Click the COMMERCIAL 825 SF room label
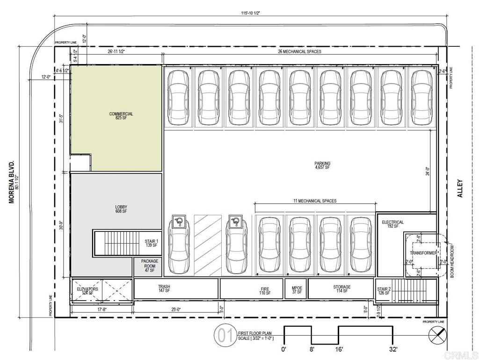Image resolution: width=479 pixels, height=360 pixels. click(121, 115)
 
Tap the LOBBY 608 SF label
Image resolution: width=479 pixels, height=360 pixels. click(121, 209)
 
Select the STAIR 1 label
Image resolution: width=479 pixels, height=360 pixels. click(151, 243)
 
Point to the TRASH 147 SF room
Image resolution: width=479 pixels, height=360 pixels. click(164, 289)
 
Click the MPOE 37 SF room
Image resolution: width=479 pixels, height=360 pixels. click(297, 289)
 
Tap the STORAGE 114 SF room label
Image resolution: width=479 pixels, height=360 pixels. click(342, 289)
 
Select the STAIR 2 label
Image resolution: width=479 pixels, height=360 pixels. click(384, 291)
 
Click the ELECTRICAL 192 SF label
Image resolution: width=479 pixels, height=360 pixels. click(392, 224)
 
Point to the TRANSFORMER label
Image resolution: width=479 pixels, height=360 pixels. click(423, 253)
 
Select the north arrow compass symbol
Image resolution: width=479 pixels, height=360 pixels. click(437, 335)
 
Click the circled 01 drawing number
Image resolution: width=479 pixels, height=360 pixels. click(224, 335)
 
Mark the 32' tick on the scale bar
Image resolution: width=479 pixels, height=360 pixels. click(392, 349)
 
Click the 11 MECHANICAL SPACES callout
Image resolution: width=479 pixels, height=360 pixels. click(315, 201)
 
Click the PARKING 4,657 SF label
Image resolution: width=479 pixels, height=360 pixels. click(322, 165)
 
